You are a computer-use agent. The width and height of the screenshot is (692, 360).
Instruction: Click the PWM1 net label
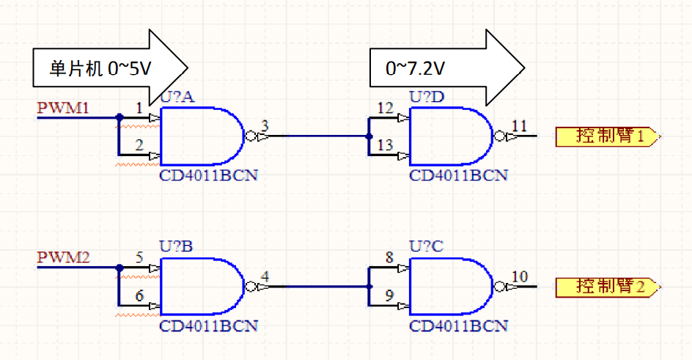click(63, 109)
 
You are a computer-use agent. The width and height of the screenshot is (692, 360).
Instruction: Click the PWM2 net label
click(63, 258)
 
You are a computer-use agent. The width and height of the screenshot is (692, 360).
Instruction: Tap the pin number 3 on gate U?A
click(265, 127)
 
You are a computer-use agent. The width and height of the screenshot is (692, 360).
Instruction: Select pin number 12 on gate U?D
click(385, 109)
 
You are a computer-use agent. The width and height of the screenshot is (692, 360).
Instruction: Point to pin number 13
click(385, 147)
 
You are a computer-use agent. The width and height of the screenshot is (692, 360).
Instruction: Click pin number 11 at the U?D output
click(519, 127)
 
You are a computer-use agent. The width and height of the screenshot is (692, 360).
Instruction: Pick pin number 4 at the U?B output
click(265, 276)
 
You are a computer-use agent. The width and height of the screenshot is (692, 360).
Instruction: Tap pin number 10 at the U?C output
click(519, 276)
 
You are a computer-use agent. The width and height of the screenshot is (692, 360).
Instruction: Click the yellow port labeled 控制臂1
click(609, 136)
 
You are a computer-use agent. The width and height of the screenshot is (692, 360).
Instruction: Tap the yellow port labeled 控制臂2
click(609, 286)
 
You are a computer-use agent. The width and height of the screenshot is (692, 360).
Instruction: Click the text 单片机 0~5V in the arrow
click(100, 69)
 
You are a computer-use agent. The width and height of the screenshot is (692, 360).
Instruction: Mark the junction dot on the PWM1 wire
click(118, 117)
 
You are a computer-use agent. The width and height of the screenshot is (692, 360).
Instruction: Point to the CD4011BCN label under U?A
click(209, 176)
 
